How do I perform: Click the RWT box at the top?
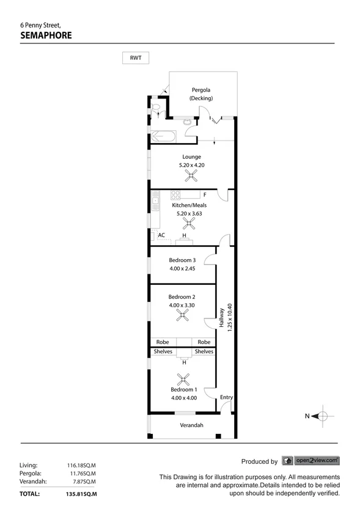pos(136,58)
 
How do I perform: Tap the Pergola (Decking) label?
pos(200,94)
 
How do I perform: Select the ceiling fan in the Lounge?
pos(192,177)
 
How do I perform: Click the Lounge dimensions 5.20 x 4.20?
pos(190,165)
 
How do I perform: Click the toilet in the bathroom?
pos(156,110)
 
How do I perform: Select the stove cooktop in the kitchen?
pos(176,196)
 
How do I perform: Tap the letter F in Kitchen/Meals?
pos(205,195)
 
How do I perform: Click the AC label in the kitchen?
pos(161,235)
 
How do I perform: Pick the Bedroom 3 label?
pos(182,260)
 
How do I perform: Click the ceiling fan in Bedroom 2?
pos(182,315)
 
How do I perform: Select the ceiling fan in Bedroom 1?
pos(183,379)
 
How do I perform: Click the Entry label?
pos(226,397)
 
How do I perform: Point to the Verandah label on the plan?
pos(191,425)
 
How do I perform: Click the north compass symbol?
pos(321,416)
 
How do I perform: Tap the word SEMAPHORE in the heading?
pos(46,35)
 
